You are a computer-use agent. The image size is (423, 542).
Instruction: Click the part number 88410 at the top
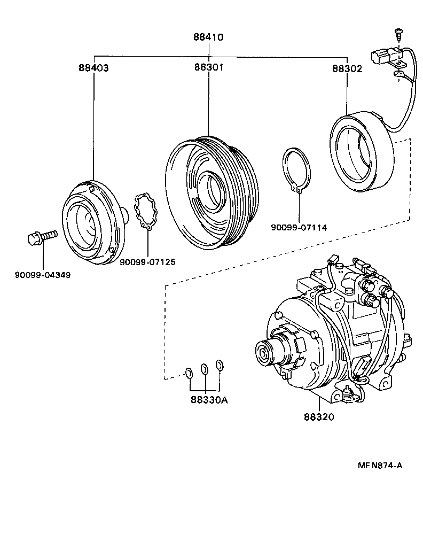pos(208,37)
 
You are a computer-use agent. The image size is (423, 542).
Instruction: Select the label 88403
pos(93,68)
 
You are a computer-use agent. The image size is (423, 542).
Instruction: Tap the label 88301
pos(208,68)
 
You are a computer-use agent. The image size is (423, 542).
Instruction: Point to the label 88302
pos(347,68)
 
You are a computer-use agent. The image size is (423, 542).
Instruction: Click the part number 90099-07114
pos(299,228)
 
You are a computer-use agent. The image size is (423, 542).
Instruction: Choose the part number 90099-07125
pos(147,262)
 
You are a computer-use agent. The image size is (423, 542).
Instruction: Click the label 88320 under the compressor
pos(319,417)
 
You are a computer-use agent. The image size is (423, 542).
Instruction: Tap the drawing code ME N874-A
pos(380,465)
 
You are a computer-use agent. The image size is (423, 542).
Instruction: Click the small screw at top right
pos(398,33)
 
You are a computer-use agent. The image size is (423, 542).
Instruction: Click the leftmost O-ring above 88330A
pos(189,372)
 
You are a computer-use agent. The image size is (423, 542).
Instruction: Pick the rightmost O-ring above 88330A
pos(219,365)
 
